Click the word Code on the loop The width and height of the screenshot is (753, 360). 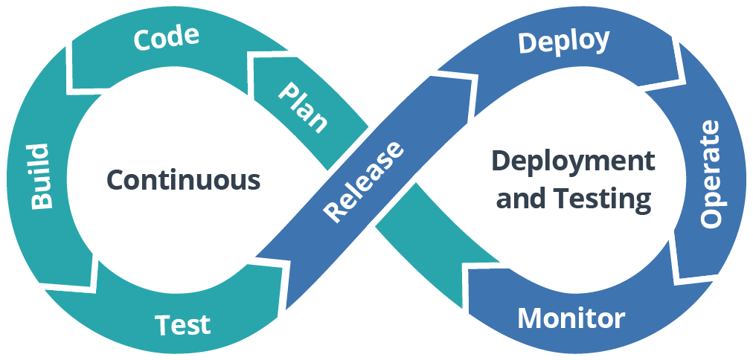click(166, 38)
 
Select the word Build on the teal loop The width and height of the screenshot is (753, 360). click(39, 176)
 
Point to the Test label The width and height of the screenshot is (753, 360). click(182, 324)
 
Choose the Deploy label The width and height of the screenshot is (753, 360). click(563, 42)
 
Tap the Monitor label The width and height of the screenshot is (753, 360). click(571, 318)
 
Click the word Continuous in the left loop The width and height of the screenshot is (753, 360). click(183, 180)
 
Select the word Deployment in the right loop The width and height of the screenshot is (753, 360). click(573, 161)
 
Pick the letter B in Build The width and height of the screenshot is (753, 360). click(39, 202)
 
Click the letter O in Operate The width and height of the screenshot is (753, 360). click(711, 216)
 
